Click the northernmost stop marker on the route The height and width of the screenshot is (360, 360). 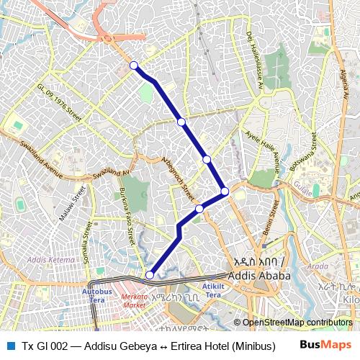[x=133, y=66]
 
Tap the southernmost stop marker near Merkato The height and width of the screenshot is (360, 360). [x=150, y=274]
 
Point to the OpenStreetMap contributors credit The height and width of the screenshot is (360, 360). [x=297, y=323]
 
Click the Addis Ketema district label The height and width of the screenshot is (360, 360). [x=51, y=258]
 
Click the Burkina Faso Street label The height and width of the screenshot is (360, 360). [x=127, y=215]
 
